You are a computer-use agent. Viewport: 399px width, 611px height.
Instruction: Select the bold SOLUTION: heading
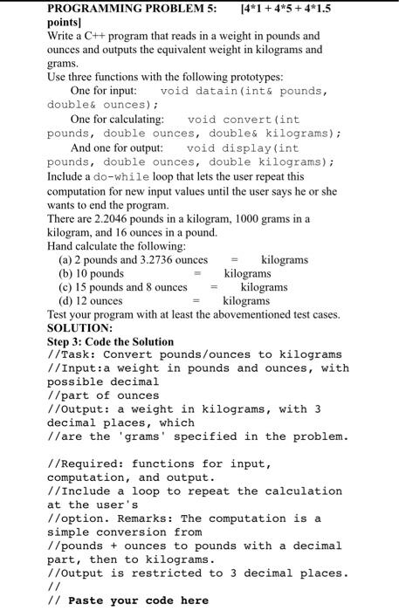point(80,328)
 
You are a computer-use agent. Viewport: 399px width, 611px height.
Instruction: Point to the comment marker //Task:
point(72,354)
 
